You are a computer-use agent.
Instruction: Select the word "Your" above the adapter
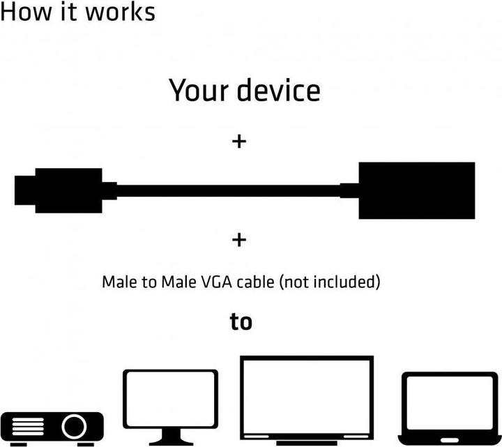[x=199, y=91]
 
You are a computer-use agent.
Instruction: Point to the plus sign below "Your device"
[x=239, y=142]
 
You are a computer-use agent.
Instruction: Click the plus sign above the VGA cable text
[x=239, y=240]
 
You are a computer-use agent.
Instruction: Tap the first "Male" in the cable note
[x=119, y=282]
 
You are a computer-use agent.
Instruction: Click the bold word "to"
[x=241, y=322]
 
